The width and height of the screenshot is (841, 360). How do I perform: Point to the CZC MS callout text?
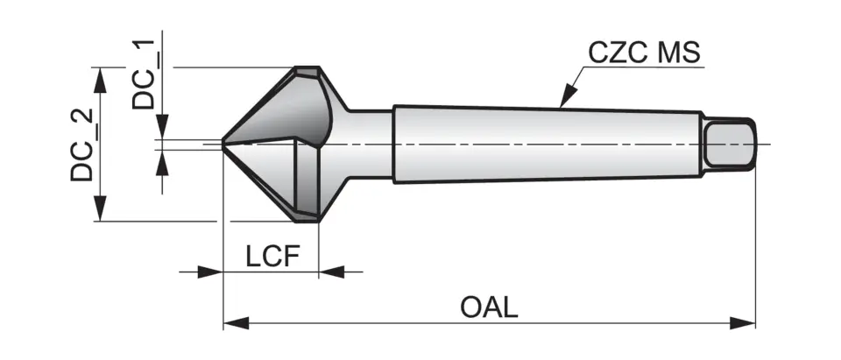[x=644, y=53]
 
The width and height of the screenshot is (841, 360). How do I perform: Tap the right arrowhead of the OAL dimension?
[x=745, y=323]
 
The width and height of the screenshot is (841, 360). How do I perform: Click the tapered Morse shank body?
[x=543, y=145]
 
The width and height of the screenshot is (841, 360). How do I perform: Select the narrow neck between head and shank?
[x=368, y=145]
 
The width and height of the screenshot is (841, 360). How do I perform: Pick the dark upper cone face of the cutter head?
[x=280, y=109]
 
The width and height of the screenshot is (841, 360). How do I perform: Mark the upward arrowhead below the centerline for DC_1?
[x=160, y=161]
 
